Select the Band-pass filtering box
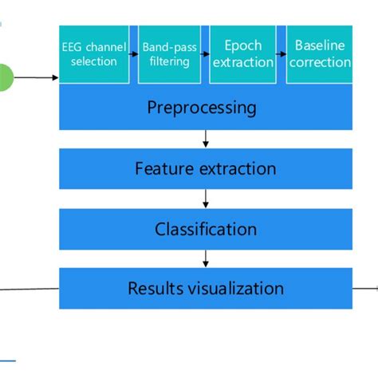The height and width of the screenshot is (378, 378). [169, 54]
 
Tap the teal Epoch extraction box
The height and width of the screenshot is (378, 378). [242, 54]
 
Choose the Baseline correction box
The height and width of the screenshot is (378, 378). [319, 54]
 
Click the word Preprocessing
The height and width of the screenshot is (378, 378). [202, 107]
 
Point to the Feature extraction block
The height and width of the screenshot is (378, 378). [205, 168]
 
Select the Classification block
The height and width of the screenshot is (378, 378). [205, 230]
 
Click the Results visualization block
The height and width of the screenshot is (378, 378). [205, 288]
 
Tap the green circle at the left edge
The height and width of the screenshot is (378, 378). [4, 78]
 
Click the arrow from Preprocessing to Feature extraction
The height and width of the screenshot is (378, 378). [206, 139]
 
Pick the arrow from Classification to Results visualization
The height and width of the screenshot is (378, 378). [206, 258]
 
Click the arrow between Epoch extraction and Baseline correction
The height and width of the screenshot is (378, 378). [282, 55]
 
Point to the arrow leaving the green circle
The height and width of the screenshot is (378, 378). [37, 78]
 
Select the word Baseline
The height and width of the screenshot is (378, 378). [319, 45]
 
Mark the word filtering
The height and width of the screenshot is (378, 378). [169, 62]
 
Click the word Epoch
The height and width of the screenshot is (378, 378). [242, 45]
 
